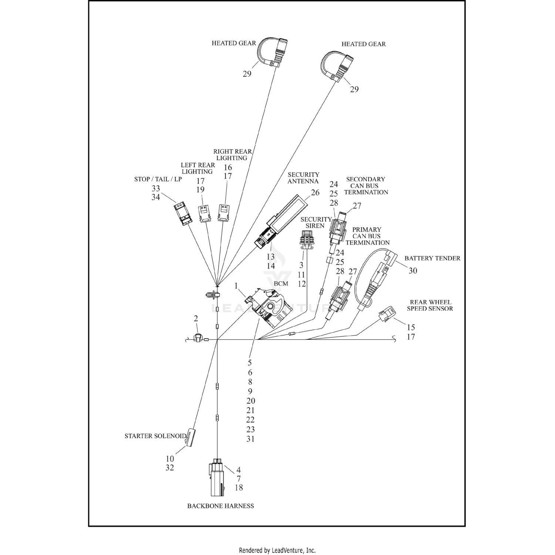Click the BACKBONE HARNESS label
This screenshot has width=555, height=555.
click(x=221, y=506)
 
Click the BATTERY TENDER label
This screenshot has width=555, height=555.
click(x=432, y=258)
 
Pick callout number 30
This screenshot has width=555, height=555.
click(x=413, y=271)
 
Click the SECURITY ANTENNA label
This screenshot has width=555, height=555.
click(x=303, y=178)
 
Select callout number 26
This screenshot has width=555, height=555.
click(x=315, y=193)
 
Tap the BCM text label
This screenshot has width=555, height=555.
click(x=281, y=284)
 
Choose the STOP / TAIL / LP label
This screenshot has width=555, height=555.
click(x=158, y=179)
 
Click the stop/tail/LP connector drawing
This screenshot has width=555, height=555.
click(x=183, y=213)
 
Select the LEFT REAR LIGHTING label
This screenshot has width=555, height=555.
click(x=198, y=168)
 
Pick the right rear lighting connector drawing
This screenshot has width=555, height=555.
click(x=223, y=213)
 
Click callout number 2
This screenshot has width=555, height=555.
click(x=196, y=319)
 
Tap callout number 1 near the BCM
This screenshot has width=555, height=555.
click(x=236, y=286)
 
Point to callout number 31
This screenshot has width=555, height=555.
click(x=250, y=439)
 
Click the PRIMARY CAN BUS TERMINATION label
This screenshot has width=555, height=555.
click(x=367, y=236)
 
